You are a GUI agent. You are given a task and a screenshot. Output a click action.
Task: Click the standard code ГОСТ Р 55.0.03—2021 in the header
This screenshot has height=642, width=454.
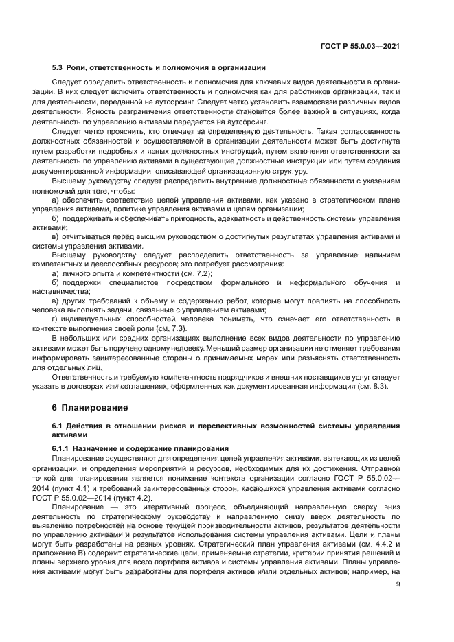click(x=361, y=46)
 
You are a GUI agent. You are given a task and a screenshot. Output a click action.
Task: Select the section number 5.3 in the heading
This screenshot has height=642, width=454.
click(x=58, y=67)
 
